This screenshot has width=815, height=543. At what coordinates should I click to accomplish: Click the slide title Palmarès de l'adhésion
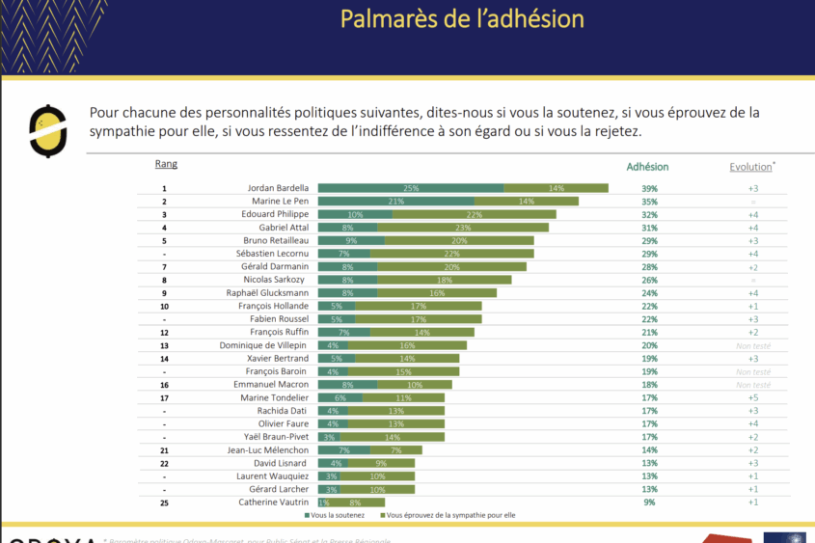tap(462, 19)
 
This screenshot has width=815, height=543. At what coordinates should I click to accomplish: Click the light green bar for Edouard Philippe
tap(474, 214)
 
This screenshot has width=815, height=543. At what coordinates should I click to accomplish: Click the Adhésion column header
tap(647, 167)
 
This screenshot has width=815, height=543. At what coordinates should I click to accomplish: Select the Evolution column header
tap(751, 167)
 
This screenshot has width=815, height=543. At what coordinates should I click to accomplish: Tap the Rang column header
tap(166, 164)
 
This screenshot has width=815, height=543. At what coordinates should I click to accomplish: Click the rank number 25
tap(165, 502)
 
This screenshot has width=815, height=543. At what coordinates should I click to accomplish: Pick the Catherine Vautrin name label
tap(275, 502)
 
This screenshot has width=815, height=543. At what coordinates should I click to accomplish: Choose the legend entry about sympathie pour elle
tap(448, 516)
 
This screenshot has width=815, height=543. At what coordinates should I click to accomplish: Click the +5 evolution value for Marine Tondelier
tap(753, 397)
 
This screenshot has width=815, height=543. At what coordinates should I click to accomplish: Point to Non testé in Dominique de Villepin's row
tap(753, 345)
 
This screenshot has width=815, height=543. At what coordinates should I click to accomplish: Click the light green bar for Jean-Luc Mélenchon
tap(395, 450)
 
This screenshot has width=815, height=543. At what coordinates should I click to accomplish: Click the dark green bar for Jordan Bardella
tap(411, 188)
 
